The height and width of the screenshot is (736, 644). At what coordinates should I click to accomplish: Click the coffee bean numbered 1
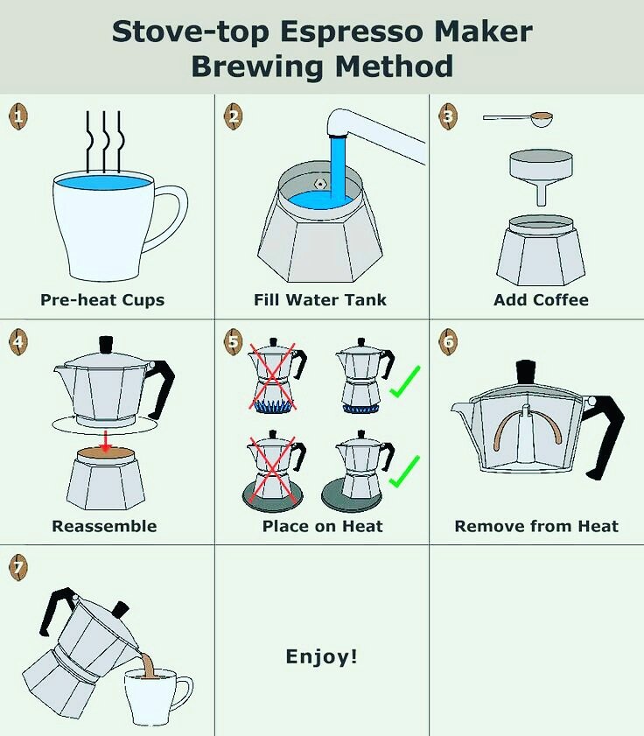pyautogui.click(x=18, y=116)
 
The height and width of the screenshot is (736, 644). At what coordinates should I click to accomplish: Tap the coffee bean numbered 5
pyautogui.click(x=234, y=341)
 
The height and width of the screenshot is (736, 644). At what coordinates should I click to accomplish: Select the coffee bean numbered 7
pyautogui.click(x=18, y=567)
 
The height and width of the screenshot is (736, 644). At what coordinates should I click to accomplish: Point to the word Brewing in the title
pyautogui.click(x=257, y=67)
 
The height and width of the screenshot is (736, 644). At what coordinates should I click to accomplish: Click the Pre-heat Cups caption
pyautogui.click(x=102, y=300)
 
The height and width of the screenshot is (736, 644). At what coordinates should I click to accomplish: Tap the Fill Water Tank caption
pyautogui.click(x=320, y=299)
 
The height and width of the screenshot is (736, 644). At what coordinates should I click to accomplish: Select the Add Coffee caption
pyautogui.click(x=542, y=299)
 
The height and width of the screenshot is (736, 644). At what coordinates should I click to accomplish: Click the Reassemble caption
pyautogui.click(x=104, y=526)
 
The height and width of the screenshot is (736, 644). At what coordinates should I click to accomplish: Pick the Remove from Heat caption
pyautogui.click(x=536, y=526)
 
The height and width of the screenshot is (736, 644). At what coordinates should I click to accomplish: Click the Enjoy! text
pyautogui.click(x=321, y=656)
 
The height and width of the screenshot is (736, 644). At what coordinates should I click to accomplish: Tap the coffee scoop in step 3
pyautogui.click(x=518, y=119)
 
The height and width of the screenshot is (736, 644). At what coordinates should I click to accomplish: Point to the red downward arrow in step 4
pyautogui.click(x=106, y=441)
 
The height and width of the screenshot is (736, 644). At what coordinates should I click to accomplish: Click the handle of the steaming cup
pyautogui.click(x=165, y=219)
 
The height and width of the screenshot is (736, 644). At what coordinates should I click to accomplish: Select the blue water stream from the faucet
pyautogui.click(x=338, y=166)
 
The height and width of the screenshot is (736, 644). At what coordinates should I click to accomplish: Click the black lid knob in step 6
pyautogui.click(x=526, y=372)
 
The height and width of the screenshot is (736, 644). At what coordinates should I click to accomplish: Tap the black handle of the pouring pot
pyautogui.click(x=55, y=608)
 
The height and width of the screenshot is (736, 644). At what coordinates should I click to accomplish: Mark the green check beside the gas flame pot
pyautogui.click(x=404, y=382)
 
